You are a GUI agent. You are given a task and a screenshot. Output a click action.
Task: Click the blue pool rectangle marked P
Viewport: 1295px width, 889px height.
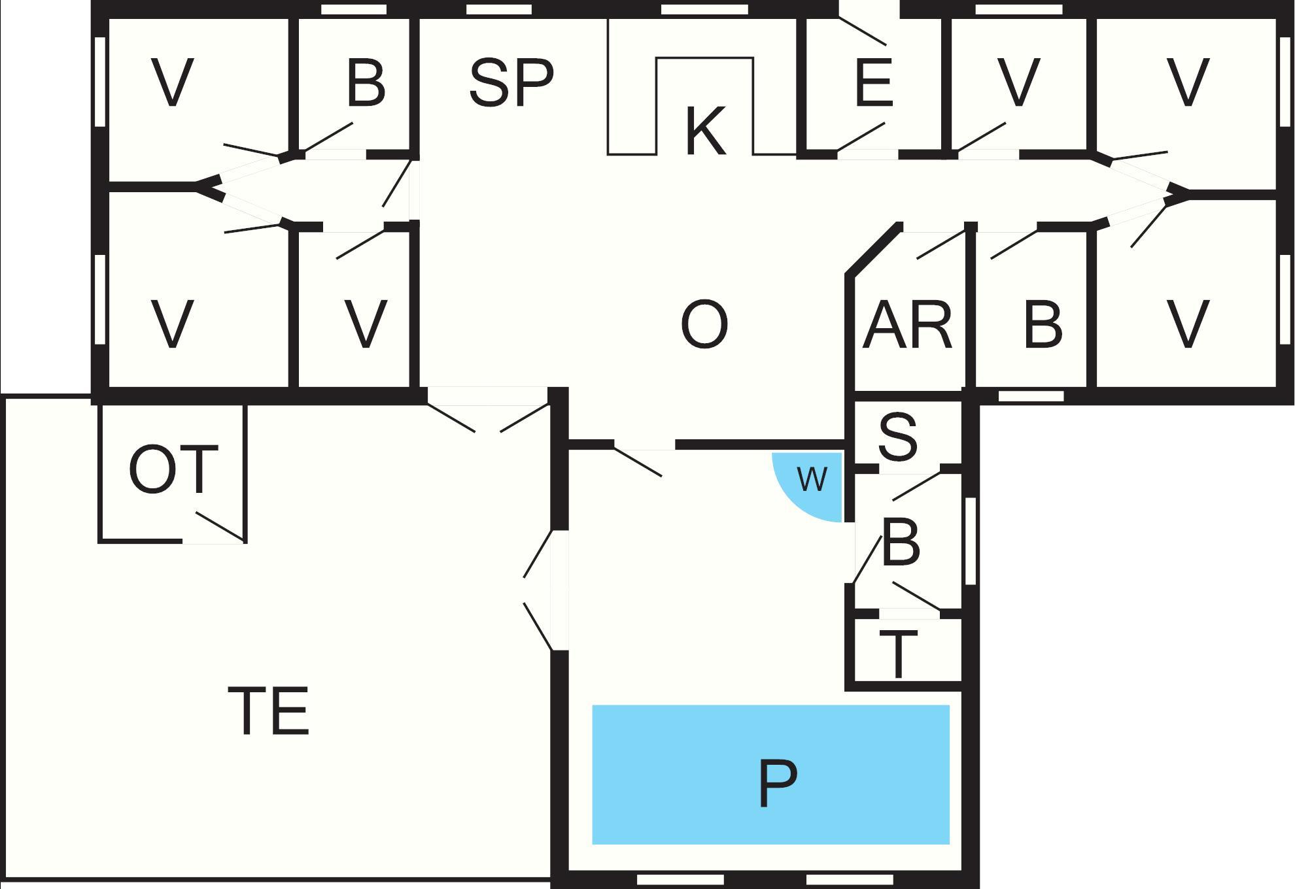(770, 775)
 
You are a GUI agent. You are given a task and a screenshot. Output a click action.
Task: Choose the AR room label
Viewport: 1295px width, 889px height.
(907, 325)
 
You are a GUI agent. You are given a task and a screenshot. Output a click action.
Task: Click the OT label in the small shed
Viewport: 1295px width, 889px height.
(173, 469)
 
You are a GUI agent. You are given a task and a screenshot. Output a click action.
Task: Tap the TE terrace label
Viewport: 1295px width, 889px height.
(269, 711)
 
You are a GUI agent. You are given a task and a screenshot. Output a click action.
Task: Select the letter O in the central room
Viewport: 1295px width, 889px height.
(704, 325)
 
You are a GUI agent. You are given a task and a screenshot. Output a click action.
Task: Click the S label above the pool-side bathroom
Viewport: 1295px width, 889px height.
(897, 437)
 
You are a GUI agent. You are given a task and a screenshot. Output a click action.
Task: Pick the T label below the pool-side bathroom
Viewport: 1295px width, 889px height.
(897, 655)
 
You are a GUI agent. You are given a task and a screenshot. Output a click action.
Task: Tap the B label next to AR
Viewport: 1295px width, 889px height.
(1043, 325)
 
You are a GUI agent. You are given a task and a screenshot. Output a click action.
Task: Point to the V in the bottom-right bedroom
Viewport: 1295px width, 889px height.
(1188, 325)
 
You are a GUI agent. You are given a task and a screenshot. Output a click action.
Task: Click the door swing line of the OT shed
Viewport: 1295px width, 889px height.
(220, 527)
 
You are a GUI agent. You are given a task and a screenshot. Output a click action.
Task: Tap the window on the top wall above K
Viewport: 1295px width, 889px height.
(704, 10)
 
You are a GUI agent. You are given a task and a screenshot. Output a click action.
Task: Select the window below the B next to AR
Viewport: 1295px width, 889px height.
(1031, 396)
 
